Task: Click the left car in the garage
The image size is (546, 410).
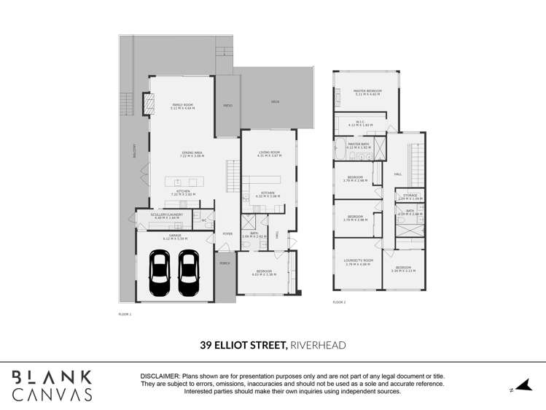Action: [x=160, y=274]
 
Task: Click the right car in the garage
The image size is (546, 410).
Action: [x=189, y=274]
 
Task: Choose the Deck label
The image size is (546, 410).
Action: [x=275, y=101]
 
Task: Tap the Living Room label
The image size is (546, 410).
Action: [x=269, y=153]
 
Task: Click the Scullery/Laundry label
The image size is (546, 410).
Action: [x=166, y=215]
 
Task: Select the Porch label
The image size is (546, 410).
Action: [x=225, y=263]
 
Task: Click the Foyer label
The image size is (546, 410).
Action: [x=227, y=233]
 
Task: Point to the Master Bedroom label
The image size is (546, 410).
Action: [x=368, y=91]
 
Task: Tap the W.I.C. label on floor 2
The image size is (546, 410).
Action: [x=360, y=123]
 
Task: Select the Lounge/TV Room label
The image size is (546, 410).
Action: [x=359, y=261]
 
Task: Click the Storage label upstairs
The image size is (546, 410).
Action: [x=410, y=195]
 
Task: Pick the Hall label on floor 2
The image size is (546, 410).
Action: [x=398, y=174]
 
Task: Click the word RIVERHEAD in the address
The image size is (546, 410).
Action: [x=318, y=345]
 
